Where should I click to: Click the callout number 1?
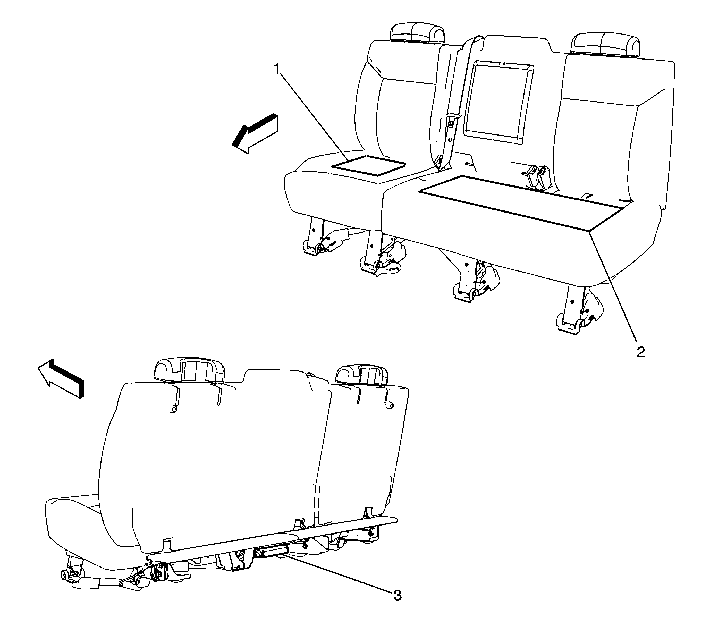tap(277, 69)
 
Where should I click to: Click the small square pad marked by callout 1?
tap(369, 165)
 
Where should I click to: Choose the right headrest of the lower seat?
tap(362, 374)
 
